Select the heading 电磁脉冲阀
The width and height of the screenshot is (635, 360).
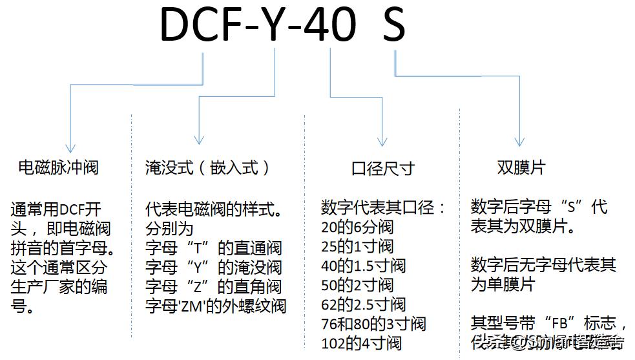(58, 168)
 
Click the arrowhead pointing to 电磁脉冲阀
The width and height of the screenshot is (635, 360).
(71, 147)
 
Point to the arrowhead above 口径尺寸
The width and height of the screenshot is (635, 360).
(382, 141)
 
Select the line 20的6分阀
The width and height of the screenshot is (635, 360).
(357, 228)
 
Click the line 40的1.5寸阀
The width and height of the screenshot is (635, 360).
(363, 266)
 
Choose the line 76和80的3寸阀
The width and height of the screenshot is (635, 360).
(373, 324)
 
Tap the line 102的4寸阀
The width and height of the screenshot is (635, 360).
(361, 343)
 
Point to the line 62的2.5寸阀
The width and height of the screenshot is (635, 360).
(363, 304)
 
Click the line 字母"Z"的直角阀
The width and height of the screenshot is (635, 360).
(214, 286)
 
